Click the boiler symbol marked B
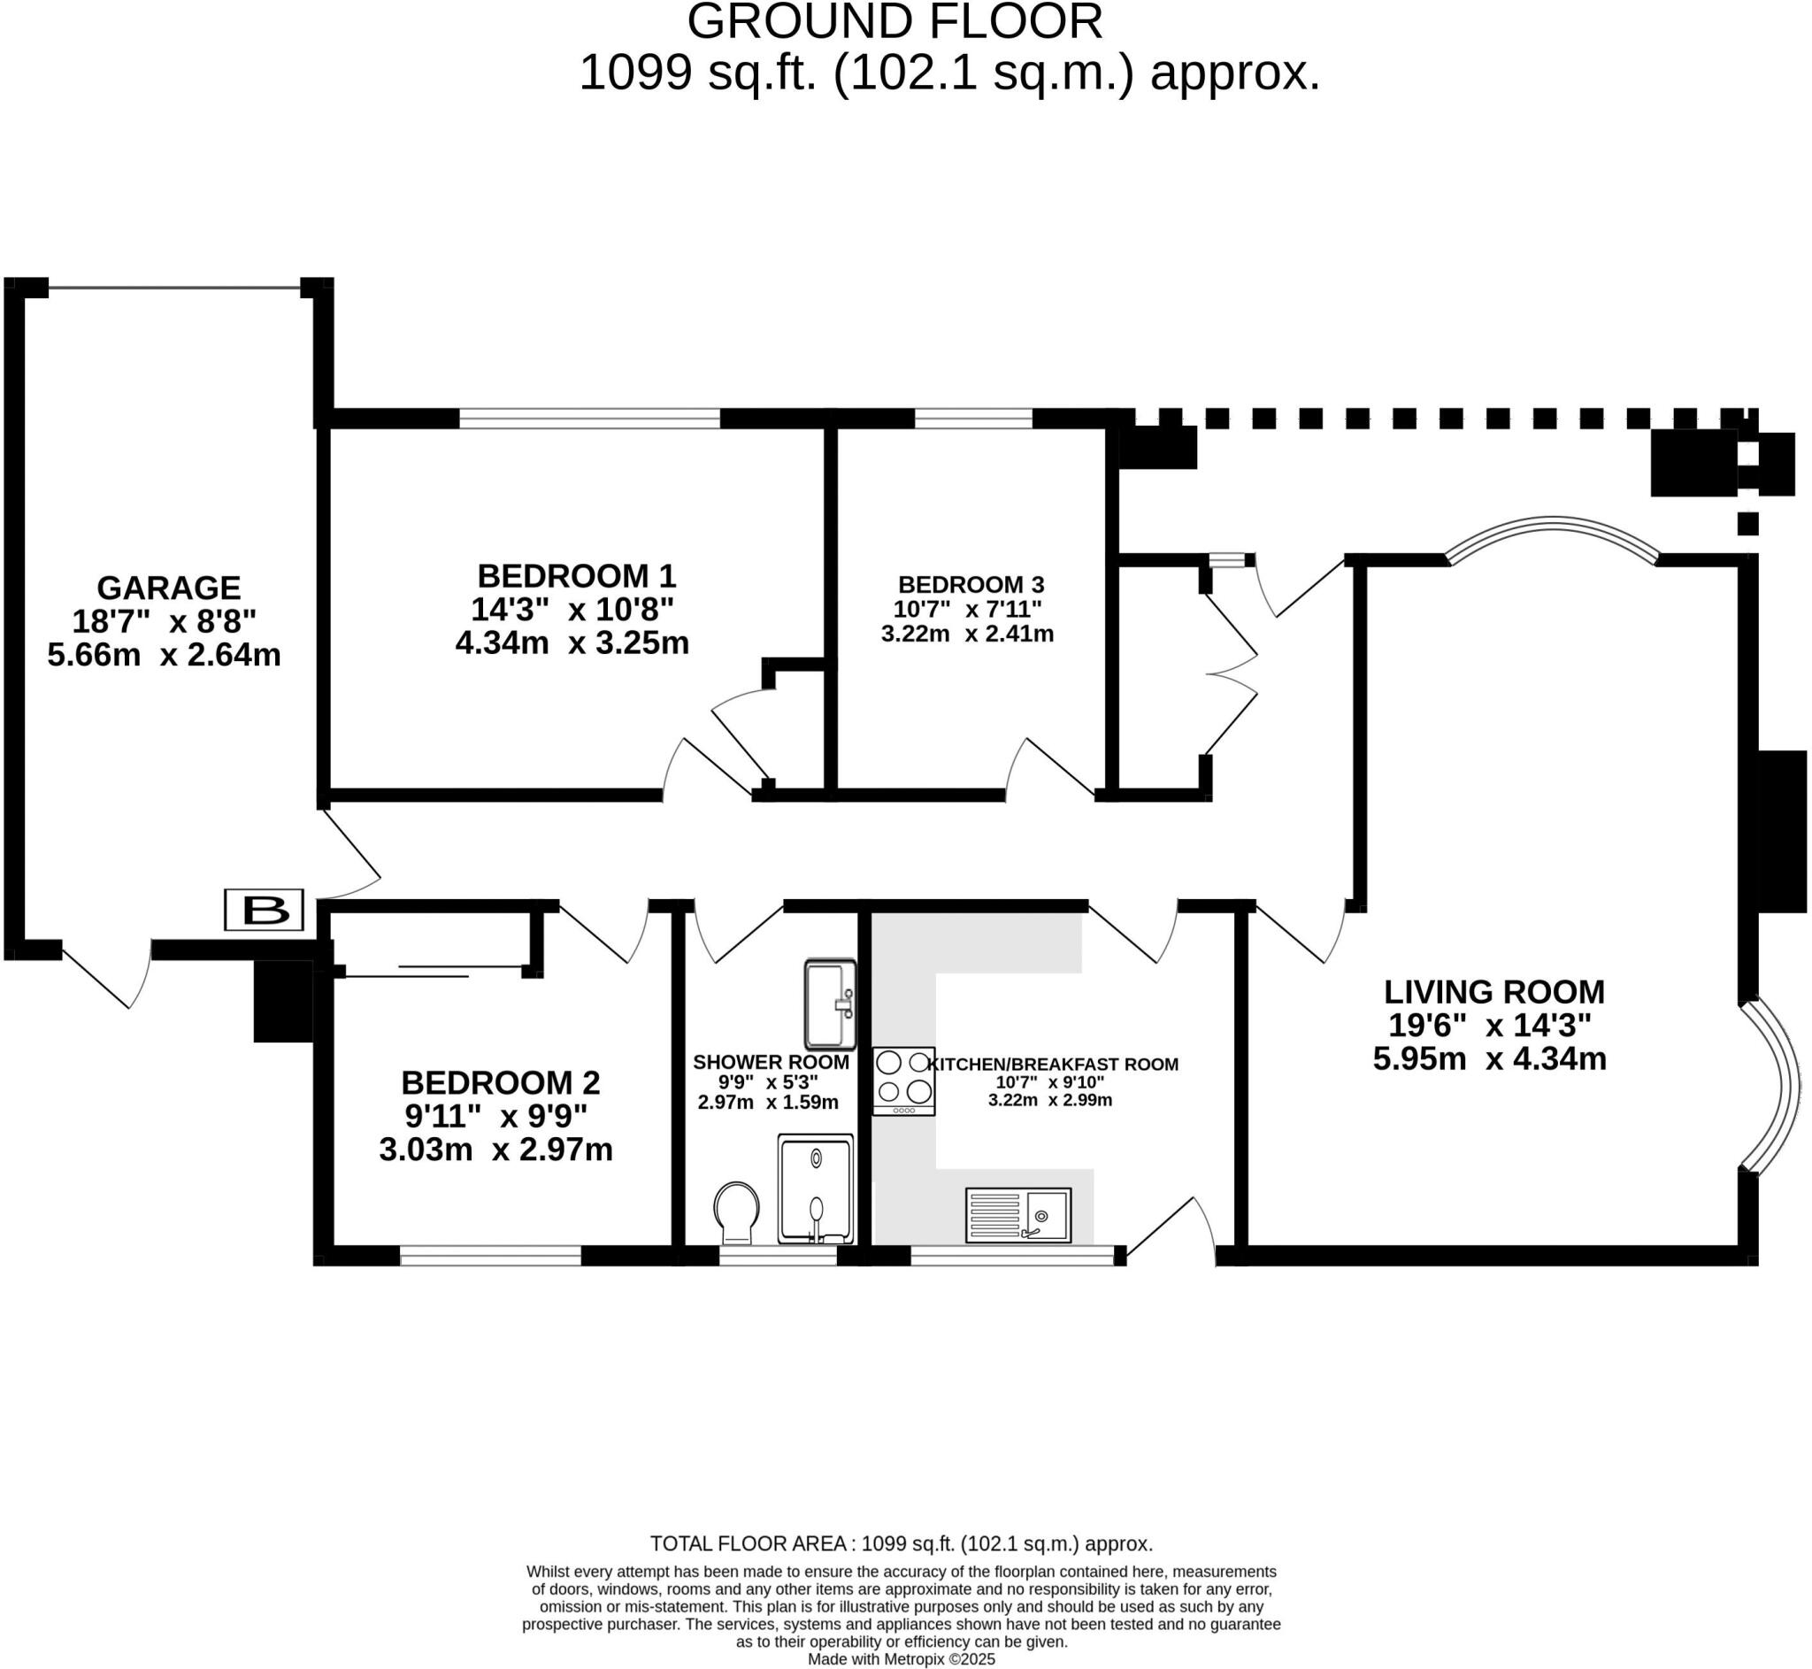tap(264, 910)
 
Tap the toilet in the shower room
tap(737, 1214)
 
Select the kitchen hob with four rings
tap(902, 1081)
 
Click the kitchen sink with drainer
tap(1018, 1215)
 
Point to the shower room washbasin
tap(830, 1004)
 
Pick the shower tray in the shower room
tap(815, 1189)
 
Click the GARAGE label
tap(169, 588)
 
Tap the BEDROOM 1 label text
tap(576, 576)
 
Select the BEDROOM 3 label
tap(971, 584)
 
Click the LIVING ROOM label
tap(1494, 992)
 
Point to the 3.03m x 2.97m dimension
tap(495, 1150)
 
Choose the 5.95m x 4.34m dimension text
tap(1490, 1058)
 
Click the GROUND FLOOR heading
tap(894, 21)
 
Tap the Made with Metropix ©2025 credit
tap(901, 1659)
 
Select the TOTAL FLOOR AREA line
tap(901, 1543)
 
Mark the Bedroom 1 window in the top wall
tap(589, 419)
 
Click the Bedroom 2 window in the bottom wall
tap(490, 1256)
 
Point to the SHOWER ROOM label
tap(771, 1062)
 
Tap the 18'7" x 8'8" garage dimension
tap(165, 621)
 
